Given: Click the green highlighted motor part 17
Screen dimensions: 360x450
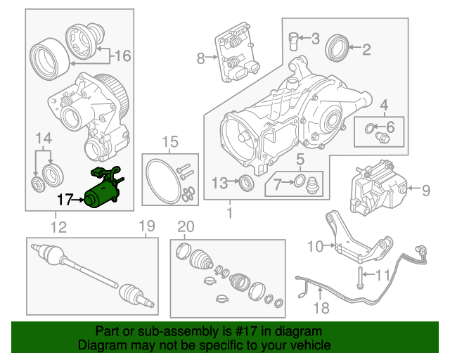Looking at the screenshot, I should pyautogui.click(x=103, y=191).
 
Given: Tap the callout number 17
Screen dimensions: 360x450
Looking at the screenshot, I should pyautogui.click(x=65, y=201).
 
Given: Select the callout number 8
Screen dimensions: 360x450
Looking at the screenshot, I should pyautogui.click(x=201, y=59).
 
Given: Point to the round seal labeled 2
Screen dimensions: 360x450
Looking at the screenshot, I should pyautogui.click(x=338, y=49).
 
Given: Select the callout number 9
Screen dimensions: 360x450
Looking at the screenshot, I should pyautogui.click(x=425, y=188).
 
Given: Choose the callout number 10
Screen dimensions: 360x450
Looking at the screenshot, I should pyautogui.click(x=314, y=245).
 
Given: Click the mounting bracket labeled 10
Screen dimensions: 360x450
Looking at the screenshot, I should pyautogui.click(x=355, y=240).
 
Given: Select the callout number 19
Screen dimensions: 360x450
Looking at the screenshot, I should pyautogui.click(x=146, y=226).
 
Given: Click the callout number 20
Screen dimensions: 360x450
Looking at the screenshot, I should pyautogui.click(x=185, y=226).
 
